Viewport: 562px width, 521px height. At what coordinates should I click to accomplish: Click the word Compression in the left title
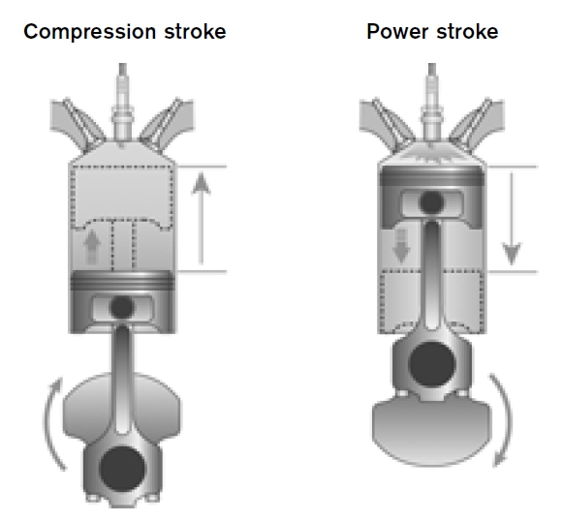pos(89,32)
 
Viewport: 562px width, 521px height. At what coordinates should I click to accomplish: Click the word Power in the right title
pos(397,31)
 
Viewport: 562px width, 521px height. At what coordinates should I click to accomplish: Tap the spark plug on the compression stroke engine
pos(123,104)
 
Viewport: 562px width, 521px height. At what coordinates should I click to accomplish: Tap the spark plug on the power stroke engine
pos(432,104)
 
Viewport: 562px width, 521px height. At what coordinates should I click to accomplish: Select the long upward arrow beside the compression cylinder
pos(202,219)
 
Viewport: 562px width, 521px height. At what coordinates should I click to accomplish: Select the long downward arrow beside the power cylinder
pos(512,219)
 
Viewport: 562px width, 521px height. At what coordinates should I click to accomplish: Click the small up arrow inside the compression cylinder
pos(92,247)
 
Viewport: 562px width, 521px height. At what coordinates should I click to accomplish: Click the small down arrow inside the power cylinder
pos(401,246)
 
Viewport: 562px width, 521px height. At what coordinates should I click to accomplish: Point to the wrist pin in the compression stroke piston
pos(122,307)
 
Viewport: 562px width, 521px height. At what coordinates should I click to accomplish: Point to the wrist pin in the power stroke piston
pos(431,202)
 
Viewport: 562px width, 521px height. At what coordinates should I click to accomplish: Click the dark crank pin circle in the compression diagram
pos(122,469)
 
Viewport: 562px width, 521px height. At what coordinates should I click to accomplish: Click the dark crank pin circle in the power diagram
pos(432,364)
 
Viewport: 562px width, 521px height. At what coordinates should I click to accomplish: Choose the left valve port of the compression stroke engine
pos(78,123)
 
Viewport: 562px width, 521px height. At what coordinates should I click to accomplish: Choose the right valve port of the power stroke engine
pos(477,123)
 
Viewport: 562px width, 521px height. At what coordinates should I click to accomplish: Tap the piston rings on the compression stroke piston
pos(122,281)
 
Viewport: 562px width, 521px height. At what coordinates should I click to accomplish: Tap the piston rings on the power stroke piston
pos(432,176)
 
